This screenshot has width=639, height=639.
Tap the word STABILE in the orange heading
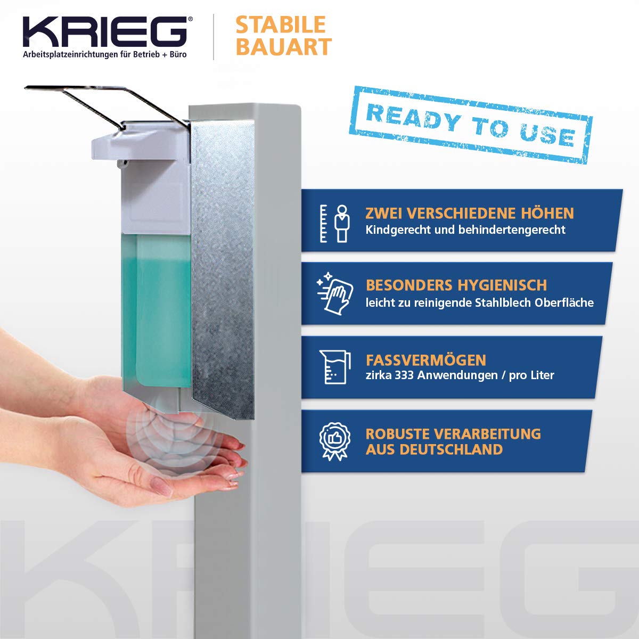tap(281, 24)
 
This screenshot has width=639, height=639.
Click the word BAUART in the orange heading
tap(283, 46)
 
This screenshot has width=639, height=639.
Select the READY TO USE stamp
tap(471, 125)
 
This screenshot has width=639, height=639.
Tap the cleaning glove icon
tap(334, 293)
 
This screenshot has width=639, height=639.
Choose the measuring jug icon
tap(335, 367)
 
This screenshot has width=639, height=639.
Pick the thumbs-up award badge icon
tap(334, 441)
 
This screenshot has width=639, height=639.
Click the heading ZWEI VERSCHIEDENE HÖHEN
tap(469, 213)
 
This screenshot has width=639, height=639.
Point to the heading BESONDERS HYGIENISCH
tap(456, 285)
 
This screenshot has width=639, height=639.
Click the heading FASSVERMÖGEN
tap(426, 360)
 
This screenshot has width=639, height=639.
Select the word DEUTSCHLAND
tap(451, 449)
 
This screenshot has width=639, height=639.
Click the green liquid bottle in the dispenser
tap(157, 310)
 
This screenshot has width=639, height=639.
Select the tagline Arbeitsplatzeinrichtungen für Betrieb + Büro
tap(105, 54)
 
